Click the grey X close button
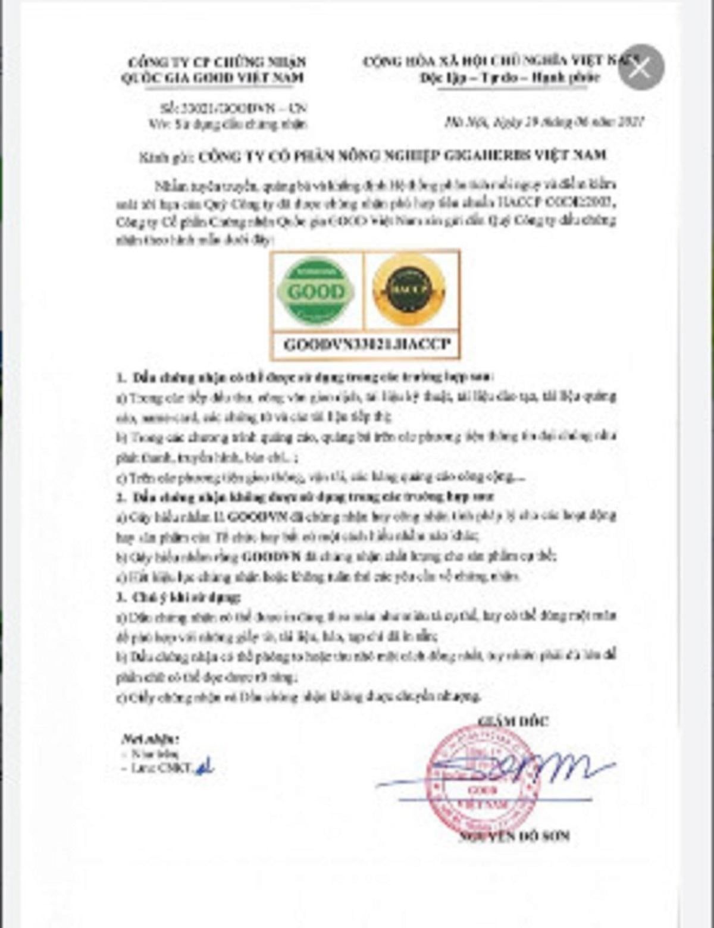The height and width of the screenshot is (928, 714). tap(640, 68)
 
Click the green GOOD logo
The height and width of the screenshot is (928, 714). tap(315, 291)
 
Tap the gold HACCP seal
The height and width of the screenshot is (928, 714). tap(408, 290)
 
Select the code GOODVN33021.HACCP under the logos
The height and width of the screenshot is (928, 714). tap(367, 345)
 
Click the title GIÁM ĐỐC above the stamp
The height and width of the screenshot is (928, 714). tap(512, 721)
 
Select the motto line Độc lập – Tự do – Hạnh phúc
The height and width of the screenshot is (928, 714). tap(518, 78)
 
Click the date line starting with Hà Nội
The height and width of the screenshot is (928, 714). tap(544, 122)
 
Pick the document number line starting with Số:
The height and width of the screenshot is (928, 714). tap(233, 109)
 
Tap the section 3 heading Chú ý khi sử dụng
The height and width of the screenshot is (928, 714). tap(178, 597)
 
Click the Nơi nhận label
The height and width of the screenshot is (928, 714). tap(150, 739)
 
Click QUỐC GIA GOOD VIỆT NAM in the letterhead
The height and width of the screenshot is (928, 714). tap(212, 78)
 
